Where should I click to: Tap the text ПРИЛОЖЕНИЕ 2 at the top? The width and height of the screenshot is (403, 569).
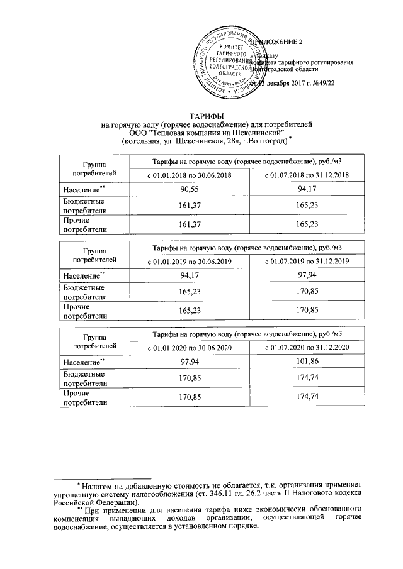(277, 42)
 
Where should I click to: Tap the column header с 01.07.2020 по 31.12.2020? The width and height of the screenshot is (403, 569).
(307, 348)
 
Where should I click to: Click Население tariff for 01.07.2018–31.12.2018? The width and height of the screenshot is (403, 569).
(307, 189)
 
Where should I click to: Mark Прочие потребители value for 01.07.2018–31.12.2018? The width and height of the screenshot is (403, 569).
(307, 224)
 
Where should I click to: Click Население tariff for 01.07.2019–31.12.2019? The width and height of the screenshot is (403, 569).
(307, 275)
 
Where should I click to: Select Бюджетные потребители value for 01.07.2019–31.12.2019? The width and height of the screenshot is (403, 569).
(307, 292)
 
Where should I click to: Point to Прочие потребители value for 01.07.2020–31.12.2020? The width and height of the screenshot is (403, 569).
(307, 397)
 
